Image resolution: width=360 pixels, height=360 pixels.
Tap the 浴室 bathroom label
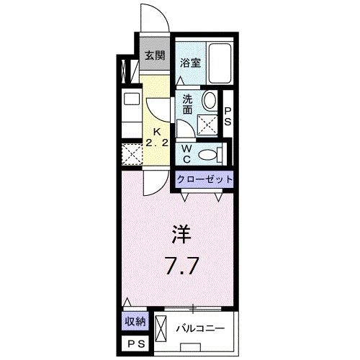click(190, 63)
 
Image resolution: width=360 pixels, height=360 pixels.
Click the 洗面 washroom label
click(187, 104)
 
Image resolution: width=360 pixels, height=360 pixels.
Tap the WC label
click(186, 152)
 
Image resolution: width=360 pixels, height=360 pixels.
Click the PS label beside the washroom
click(228, 117)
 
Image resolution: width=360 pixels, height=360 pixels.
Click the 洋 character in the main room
click(181, 234)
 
